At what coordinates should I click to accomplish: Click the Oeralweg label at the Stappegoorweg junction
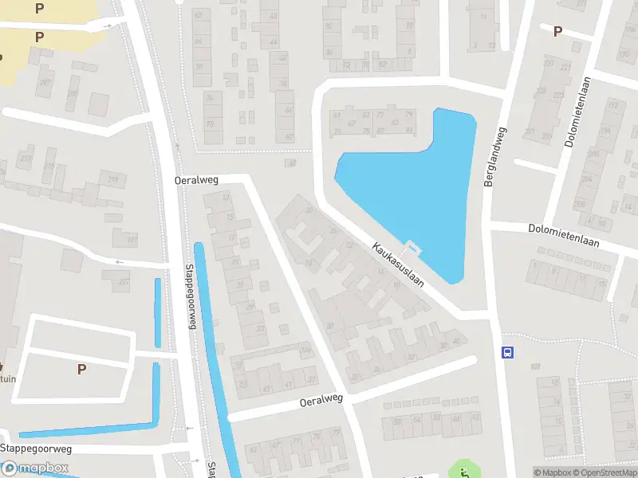[x=196, y=181]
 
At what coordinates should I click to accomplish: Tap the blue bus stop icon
[x=506, y=352]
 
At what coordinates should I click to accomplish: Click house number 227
[x=123, y=281]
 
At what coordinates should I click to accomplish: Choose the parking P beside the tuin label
[x=81, y=369]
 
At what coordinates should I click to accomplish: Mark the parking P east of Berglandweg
[x=557, y=31]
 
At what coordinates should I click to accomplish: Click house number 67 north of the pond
[x=351, y=123]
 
